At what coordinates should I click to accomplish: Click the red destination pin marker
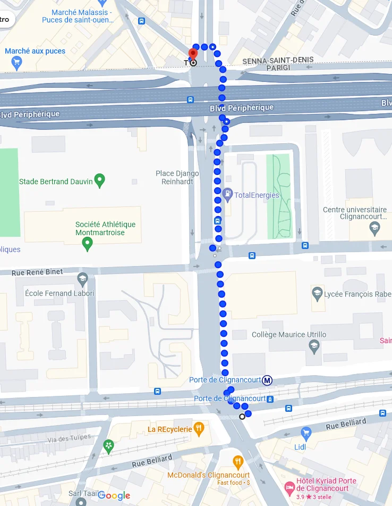tap(193, 54)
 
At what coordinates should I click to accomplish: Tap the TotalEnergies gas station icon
tap(228, 195)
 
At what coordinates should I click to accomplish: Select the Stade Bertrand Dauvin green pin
tap(99, 181)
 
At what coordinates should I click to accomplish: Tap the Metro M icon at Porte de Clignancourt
tap(268, 380)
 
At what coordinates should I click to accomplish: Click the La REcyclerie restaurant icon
tap(199, 428)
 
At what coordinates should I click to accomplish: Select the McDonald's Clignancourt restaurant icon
tap(238, 461)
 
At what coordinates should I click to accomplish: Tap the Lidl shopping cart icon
tap(305, 433)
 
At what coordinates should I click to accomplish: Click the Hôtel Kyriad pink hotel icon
tap(289, 487)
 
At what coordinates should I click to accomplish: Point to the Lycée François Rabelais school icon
tap(317, 293)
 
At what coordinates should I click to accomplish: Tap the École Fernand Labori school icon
tap(82, 279)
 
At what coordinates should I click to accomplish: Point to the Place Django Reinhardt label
tap(177, 177)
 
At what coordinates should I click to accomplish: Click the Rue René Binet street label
tap(38, 272)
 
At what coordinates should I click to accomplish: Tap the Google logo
tap(114, 495)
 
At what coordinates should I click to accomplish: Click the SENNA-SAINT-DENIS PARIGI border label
tap(278, 63)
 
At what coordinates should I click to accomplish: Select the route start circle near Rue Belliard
tap(242, 416)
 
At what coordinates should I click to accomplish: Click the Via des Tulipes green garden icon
tap(109, 446)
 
